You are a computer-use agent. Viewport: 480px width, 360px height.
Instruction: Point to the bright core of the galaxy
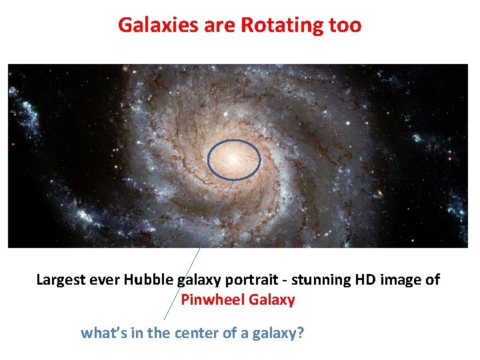point(233,159)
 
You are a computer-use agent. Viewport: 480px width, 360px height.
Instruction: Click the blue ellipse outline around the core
point(208,160)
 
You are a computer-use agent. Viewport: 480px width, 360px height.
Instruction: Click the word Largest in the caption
point(61,279)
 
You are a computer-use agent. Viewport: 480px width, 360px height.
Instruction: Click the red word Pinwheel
point(213,300)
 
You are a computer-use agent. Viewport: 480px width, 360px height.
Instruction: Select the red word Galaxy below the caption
point(271,300)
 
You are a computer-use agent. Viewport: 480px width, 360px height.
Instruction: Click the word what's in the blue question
point(103,332)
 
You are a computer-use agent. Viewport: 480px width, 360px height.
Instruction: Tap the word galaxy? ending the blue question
point(279,332)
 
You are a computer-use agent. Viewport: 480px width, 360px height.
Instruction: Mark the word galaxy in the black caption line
point(195,279)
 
